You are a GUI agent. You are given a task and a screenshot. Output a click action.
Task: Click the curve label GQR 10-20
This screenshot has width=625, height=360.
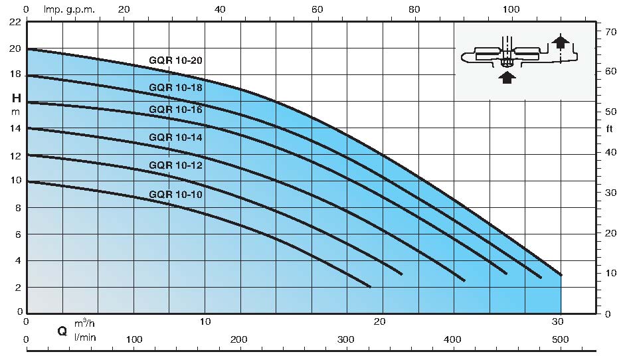tap(175, 60)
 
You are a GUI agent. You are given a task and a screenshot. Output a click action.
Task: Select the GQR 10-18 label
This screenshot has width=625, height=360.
tap(175, 87)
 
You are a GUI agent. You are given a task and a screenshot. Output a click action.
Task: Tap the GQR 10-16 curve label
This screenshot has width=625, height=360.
tap(175, 110)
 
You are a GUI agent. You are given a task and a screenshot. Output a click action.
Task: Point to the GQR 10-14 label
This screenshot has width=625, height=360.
tap(175, 137)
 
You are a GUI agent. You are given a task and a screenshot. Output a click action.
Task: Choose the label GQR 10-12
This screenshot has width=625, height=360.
tap(175, 165)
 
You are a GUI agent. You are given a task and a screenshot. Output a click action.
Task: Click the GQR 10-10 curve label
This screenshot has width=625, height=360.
tap(175, 195)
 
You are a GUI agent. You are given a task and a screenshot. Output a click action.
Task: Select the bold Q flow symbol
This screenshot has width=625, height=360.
tap(62, 330)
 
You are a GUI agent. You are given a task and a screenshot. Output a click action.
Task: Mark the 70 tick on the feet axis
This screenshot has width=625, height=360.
tap(607, 31)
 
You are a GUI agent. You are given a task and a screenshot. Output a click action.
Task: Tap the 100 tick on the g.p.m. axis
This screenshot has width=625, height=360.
tap(511, 10)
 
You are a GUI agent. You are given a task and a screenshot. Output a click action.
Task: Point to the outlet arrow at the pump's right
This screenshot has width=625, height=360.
tap(562, 42)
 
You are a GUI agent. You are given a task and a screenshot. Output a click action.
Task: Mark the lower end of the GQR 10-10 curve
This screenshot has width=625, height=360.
tap(370, 286)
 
